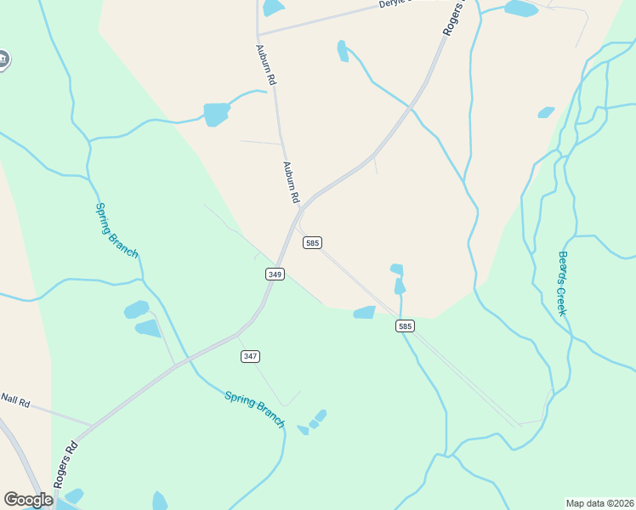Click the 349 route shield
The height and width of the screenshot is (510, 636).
pos(275,274)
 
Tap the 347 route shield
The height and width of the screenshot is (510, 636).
pos(250,355)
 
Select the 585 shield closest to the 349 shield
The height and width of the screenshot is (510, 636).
pos(312,242)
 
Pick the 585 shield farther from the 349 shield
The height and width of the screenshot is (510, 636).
pos(405,326)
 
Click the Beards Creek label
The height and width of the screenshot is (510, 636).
pos(562,283)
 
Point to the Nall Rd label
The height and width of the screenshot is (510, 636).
pos(15,399)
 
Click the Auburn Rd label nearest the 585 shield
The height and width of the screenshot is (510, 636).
pos(292,182)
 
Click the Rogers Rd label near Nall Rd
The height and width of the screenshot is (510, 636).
pos(65,462)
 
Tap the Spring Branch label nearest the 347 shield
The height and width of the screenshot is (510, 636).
pos(254,409)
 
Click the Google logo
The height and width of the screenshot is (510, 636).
pos(28,500)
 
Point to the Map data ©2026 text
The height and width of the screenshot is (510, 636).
pos(599,503)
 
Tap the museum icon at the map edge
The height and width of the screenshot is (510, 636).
pos(3,59)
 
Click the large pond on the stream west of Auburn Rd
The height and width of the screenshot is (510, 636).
pos(216,113)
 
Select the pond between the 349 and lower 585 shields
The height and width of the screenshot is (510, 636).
pos(364,312)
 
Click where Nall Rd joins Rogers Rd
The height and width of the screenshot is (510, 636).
pos(91,423)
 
